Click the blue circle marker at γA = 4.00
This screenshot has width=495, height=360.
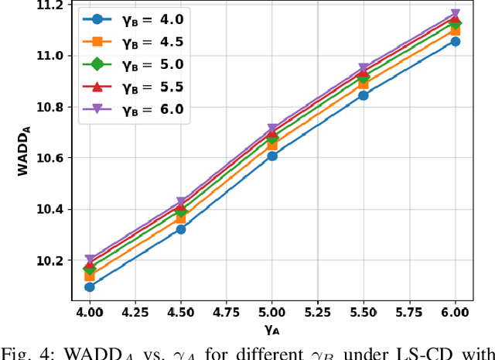tap(90, 286)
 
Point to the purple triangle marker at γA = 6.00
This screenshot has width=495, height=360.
tap(455, 15)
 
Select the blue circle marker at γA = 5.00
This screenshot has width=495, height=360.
tap(272, 156)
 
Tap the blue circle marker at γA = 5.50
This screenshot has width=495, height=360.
tap(364, 95)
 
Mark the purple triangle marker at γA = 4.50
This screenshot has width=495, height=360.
tap(181, 202)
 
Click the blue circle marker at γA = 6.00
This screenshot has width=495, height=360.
tap(455, 41)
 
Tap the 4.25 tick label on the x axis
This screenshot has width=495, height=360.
tap(135, 312)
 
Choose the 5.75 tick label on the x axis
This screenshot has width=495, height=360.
tap(409, 312)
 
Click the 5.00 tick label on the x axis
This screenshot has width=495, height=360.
tap(272, 312)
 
